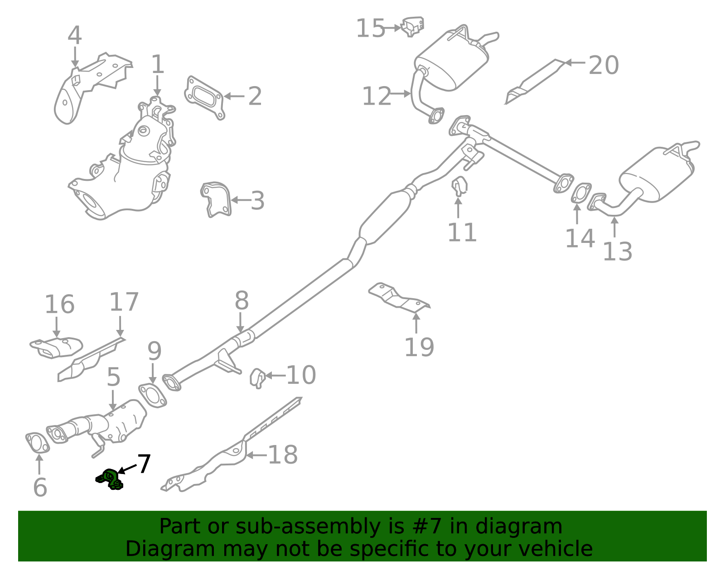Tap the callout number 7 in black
(x=144, y=464)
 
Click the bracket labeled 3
(x=216, y=199)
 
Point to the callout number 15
(x=370, y=29)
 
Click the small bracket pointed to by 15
(x=413, y=26)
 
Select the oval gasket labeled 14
(x=581, y=193)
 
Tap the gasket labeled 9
(x=152, y=395)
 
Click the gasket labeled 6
(x=37, y=443)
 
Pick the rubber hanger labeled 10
(x=257, y=377)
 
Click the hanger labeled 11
(x=459, y=185)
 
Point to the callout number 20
(x=604, y=65)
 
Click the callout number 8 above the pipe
(x=242, y=300)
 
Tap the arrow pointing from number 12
(x=401, y=94)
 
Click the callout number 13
(x=617, y=252)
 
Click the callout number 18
(x=283, y=455)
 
